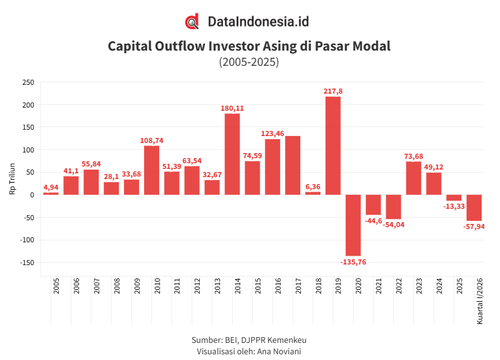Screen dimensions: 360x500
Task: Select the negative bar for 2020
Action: pos(353,225)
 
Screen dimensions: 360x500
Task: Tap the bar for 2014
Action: pos(232,154)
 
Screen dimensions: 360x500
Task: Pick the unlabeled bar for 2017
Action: pos(293,165)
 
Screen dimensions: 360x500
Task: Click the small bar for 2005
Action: pos(51,193)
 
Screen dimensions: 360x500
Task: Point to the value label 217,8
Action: pos(333,91)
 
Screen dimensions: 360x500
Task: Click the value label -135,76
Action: pos(353,261)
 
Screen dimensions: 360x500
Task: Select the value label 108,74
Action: pos(152,140)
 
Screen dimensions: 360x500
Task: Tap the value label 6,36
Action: pos(313,187)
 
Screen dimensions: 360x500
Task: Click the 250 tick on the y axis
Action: pos(28,82)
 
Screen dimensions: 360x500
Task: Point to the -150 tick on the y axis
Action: pos(27,263)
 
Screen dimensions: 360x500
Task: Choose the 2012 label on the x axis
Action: pos(197,285)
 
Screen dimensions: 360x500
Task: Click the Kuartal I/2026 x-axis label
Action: pos(480,301)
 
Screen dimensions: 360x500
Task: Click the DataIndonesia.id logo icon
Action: pos(192,22)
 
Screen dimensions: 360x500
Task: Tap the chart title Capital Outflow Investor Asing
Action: pos(249,46)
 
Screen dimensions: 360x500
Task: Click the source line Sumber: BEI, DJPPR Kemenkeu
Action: pos(249,340)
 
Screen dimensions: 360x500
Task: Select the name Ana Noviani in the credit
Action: pos(279,351)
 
